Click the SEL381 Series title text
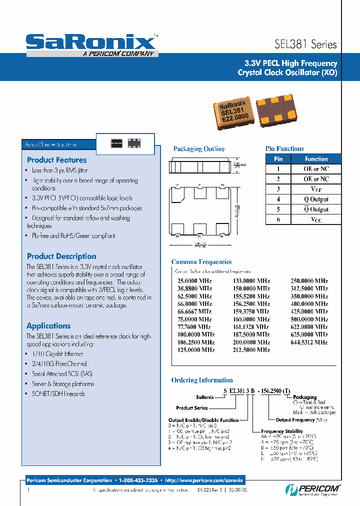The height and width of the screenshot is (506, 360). point(306,44)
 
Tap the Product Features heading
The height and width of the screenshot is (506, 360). point(56,160)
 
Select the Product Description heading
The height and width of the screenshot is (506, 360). point(61,256)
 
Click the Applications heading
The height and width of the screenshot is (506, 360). point(48,325)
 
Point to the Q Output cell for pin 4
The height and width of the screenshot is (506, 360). point(316,199)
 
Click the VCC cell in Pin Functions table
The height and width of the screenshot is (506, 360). point(316,219)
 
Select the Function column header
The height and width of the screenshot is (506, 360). point(316,158)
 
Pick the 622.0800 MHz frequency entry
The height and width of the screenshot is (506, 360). point(309,326)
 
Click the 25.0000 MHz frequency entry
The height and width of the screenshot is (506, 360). point(194,281)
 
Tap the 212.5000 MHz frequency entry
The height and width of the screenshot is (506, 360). point(251,350)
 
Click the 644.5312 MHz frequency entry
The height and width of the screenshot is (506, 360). point(309,342)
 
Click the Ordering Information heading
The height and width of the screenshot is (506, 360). point(202,380)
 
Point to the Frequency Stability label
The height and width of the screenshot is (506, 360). point(281,431)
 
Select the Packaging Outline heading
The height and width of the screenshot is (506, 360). point(198,149)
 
